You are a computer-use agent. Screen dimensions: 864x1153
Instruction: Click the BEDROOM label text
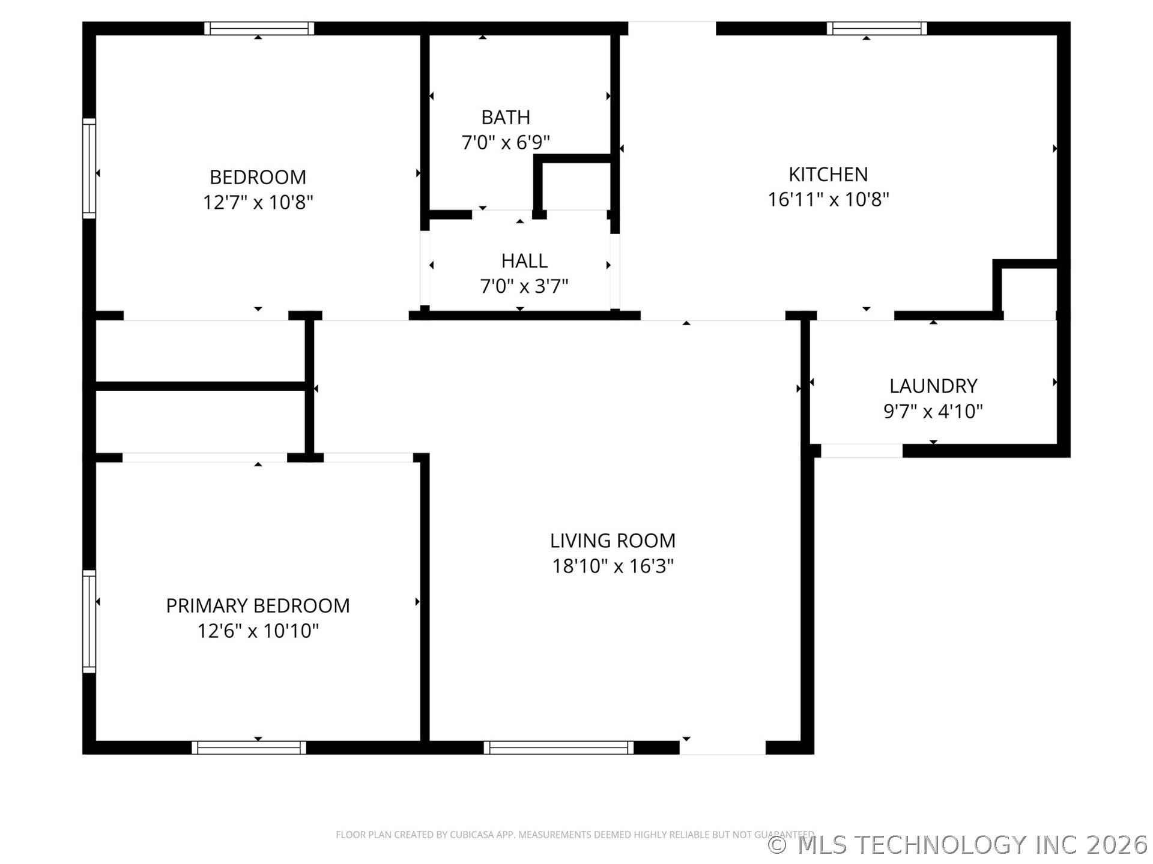pos(258,177)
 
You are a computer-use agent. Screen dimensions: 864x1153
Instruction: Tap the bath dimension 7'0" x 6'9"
pos(506,143)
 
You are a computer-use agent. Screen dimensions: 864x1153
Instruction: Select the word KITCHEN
pos(828,174)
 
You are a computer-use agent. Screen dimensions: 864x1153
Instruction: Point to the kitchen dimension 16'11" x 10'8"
pos(828,199)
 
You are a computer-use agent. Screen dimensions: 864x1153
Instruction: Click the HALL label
pos(524,261)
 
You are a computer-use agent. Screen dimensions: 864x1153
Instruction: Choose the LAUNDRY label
pos(933,386)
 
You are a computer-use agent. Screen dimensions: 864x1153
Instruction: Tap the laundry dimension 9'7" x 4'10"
pos(933,412)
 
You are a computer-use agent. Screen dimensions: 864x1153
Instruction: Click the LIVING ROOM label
pos(613,541)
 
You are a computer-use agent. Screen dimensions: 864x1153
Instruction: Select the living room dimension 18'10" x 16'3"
pos(613,566)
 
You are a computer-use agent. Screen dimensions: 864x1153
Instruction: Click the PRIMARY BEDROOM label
pos(258,606)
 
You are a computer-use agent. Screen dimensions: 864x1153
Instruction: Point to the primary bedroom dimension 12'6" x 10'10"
pos(258,631)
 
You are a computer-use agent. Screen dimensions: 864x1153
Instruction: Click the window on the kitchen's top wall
pos(876,28)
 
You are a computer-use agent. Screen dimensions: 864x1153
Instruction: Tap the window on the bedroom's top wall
pos(259,28)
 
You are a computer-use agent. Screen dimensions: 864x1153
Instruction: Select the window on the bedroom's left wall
pos(89,169)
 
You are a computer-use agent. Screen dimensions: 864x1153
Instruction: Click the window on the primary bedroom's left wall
pos(89,621)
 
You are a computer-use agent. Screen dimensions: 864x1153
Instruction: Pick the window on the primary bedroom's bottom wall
pos(249,748)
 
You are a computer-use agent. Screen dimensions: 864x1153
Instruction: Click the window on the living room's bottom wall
pos(558,748)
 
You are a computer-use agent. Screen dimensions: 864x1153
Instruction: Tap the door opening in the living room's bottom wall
pos(722,748)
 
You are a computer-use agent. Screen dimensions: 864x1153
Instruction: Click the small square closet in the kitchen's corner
pos(1029,290)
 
